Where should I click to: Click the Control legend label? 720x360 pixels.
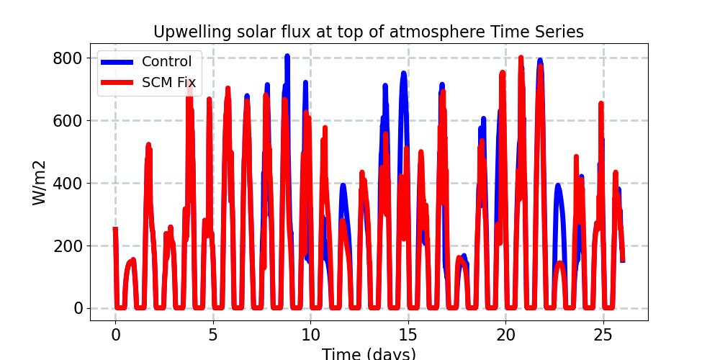pyautogui.click(x=167, y=62)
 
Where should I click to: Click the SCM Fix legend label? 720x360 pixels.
pyautogui.click(x=168, y=83)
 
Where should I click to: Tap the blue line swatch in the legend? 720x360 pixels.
pyautogui.click(x=117, y=62)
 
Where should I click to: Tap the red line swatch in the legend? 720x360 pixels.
pyautogui.click(x=117, y=83)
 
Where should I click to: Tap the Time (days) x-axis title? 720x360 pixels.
pyautogui.click(x=369, y=354)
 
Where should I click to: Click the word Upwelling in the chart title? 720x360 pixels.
pyautogui.click(x=188, y=32)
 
